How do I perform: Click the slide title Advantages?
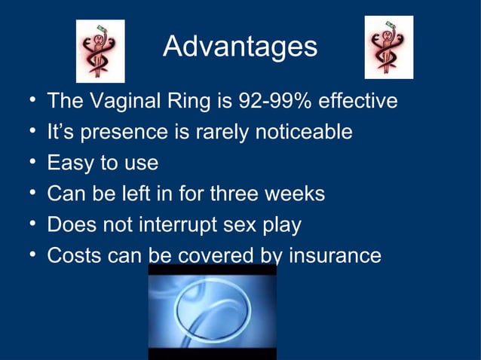coord(240,47)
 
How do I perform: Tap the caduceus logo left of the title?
coord(100,51)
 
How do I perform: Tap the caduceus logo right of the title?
coord(389,47)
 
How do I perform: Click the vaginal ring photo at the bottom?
coord(212,311)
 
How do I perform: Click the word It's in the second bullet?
coord(61,132)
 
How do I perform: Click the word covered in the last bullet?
coord(215,255)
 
